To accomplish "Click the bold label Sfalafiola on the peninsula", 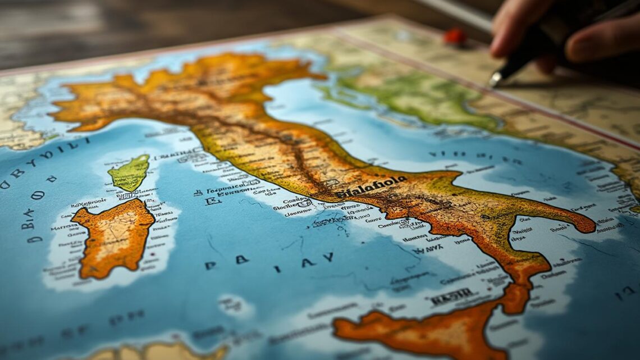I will [371, 187].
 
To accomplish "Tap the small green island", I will [130, 173].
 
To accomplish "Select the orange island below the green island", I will [114, 235].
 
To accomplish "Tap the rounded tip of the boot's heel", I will [587, 225].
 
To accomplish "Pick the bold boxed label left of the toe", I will [452, 296].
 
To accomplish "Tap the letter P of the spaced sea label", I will [211, 265].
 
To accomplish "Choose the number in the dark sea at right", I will [624, 293].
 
